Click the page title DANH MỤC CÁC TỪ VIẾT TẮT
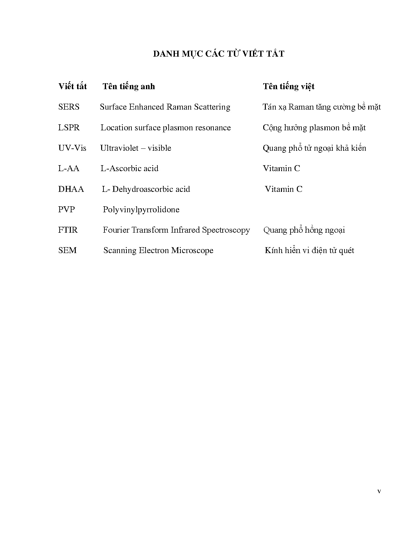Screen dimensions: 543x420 click(218, 54)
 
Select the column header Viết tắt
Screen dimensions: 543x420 click(72, 86)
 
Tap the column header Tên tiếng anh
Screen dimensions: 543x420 click(128, 87)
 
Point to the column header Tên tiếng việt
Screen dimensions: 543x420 click(289, 87)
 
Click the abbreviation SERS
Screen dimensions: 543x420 click(69, 107)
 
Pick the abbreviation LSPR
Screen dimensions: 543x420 click(69, 128)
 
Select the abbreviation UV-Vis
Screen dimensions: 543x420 click(72, 148)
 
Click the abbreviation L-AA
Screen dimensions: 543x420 click(69, 168)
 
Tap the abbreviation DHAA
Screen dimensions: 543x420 click(71, 189)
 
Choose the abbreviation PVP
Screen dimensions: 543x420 click(67, 210)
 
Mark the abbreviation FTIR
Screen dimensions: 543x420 click(68, 230)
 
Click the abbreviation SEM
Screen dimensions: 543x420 click(67, 250)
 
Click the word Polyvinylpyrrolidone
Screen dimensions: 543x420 click(141, 210)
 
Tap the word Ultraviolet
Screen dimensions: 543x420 click(119, 148)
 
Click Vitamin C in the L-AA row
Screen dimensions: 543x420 click(281, 168)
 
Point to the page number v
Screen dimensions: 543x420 click(379, 492)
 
